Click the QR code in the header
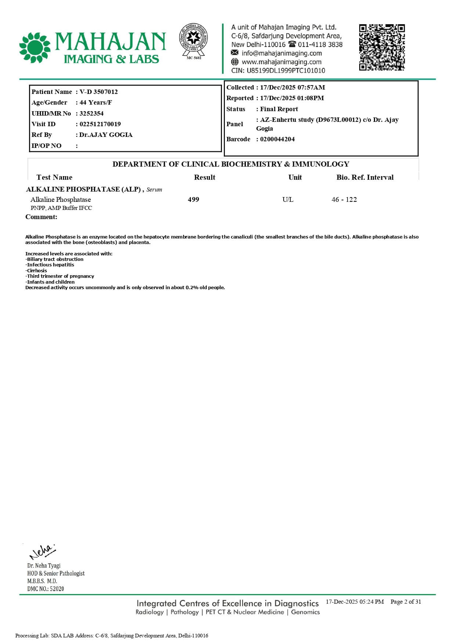[382, 47]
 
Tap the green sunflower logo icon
[35, 48]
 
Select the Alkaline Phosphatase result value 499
[193, 200]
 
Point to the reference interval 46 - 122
[344, 200]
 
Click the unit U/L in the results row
[288, 200]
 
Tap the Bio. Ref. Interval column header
[365, 178]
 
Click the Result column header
[204, 178]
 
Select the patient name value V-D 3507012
[99, 92]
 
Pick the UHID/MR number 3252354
[91, 113]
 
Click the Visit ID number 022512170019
[100, 124]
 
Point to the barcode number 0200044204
[277, 139]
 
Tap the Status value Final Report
[279, 109]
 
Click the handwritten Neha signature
[42, 552]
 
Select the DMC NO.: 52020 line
[45, 589]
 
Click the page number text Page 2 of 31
[405, 602]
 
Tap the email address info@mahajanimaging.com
[281, 53]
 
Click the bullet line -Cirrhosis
[36, 271]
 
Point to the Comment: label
[41, 217]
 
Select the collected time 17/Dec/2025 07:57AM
[292, 87]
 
